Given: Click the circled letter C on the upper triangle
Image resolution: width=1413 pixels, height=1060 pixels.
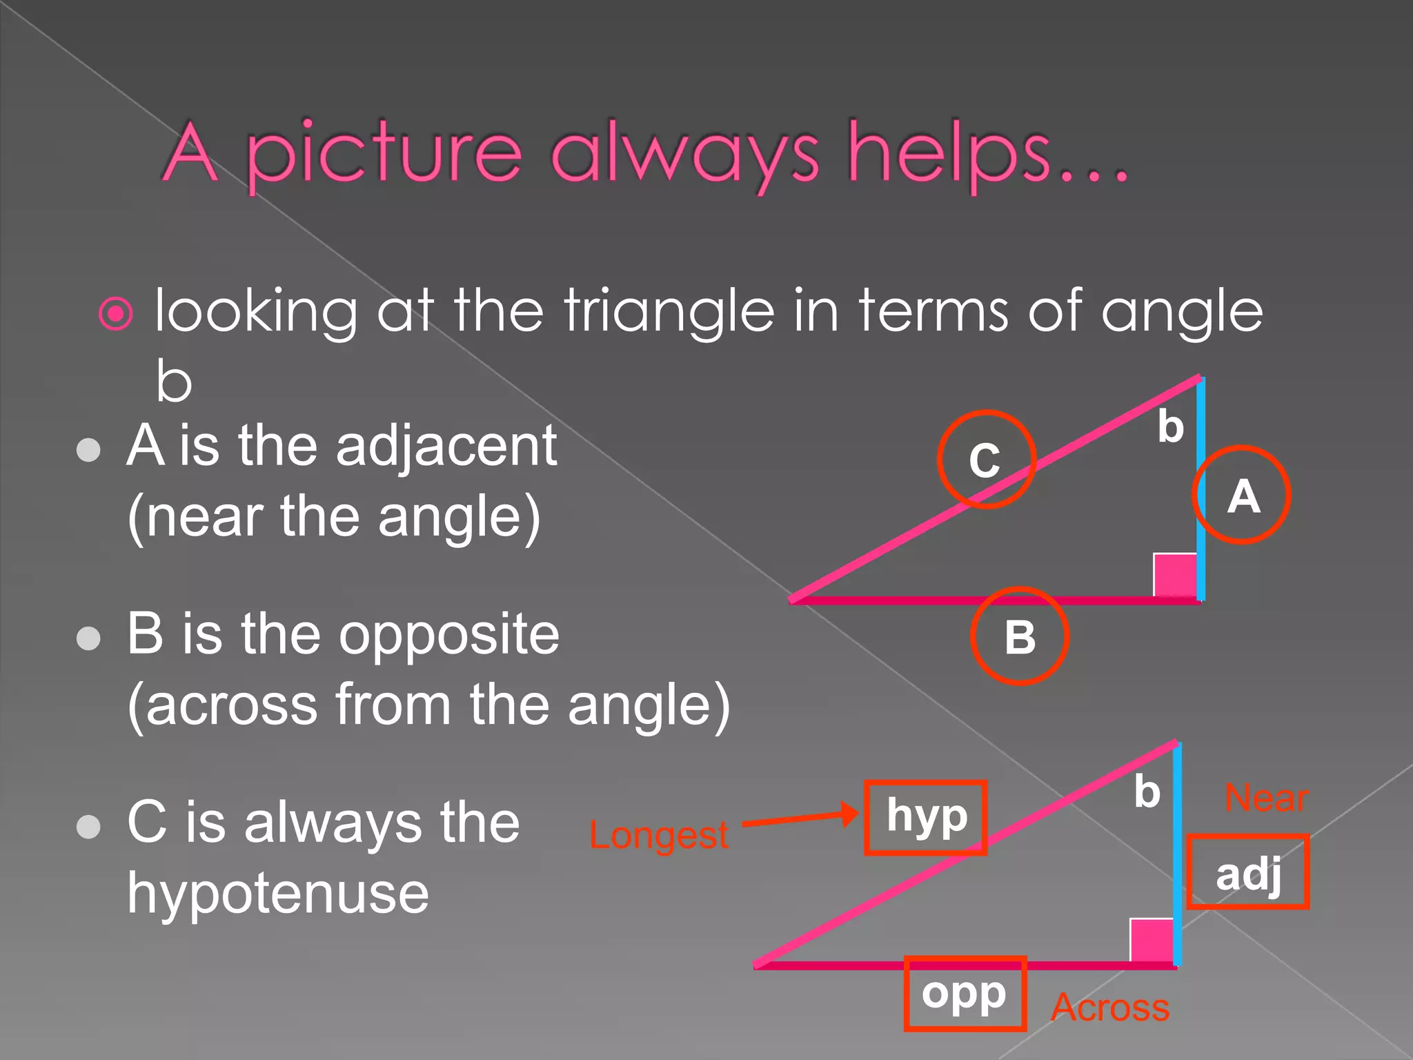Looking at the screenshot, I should click(x=986, y=460).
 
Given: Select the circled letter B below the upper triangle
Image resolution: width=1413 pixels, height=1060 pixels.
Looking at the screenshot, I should click(x=1020, y=636).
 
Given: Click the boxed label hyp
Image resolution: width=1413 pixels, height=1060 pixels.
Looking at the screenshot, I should click(x=926, y=818).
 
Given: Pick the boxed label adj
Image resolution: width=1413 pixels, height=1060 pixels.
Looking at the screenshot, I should click(x=1248, y=872).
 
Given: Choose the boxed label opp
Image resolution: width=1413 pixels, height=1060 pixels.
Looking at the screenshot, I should click(x=965, y=994).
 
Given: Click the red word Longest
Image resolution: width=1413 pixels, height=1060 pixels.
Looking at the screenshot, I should click(x=658, y=835).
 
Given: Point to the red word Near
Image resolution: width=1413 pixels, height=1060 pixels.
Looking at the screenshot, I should click(x=1266, y=798).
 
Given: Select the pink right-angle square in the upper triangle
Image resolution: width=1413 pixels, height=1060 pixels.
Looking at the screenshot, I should click(x=1175, y=575).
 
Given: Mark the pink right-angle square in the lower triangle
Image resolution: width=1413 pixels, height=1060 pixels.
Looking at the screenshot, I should click(x=1152, y=940).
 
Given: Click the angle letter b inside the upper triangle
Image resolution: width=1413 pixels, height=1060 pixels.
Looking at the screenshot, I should click(x=1170, y=426).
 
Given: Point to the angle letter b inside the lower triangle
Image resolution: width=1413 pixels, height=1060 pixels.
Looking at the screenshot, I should click(x=1147, y=792).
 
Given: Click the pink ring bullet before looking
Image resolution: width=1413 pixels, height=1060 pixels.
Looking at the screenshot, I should click(x=116, y=314).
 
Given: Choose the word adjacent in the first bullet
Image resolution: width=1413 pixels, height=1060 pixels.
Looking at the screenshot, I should click(x=446, y=447).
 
